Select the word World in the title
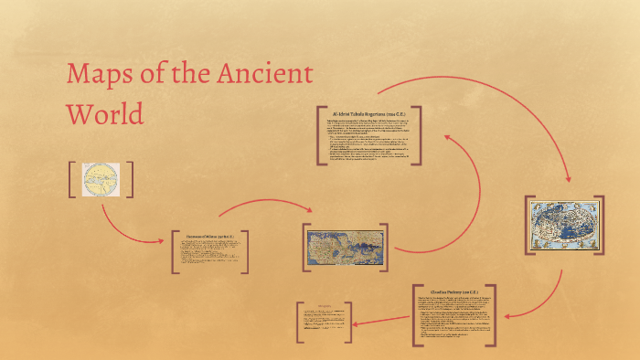click(x=105, y=114)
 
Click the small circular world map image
click(x=101, y=179)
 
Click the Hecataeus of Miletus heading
click(x=209, y=235)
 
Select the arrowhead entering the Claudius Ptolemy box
click(x=507, y=316)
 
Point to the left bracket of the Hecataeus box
click(x=175, y=251)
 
